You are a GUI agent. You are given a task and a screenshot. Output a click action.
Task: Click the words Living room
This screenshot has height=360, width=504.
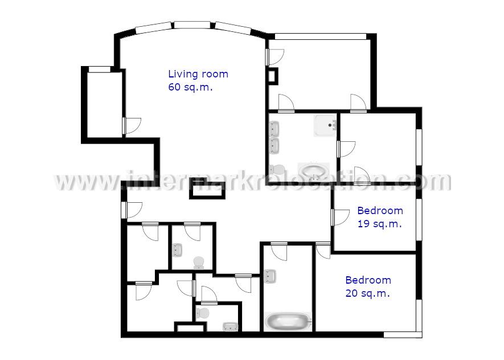[198, 74]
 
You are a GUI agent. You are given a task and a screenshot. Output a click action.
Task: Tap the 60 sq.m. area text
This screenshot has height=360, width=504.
[190, 87]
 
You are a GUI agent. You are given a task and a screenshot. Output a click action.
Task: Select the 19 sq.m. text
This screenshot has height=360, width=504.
[380, 224]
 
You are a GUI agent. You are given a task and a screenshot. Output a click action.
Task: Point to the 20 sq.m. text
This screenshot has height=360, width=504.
[368, 293]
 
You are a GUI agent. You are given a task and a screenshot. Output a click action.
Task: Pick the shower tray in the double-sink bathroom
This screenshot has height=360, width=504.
[325, 125]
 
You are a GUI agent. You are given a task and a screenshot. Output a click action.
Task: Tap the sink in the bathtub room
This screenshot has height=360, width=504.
[270, 276]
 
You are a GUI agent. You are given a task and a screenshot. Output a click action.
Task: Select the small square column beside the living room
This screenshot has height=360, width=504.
[273, 76]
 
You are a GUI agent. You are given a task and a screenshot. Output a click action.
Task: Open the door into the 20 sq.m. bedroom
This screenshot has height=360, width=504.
[323, 251]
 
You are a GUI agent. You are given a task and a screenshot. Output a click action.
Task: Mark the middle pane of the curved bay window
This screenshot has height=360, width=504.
[192, 25]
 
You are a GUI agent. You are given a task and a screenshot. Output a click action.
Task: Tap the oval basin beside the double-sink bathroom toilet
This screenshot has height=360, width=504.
[314, 170]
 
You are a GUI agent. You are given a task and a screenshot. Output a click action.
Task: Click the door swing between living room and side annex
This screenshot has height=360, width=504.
[132, 125]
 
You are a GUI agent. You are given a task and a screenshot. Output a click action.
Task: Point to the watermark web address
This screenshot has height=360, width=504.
[252, 181]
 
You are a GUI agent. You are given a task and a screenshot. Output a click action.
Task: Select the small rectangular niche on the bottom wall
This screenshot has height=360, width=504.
[191, 327]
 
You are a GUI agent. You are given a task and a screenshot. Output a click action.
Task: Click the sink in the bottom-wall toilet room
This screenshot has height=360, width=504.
[231, 326]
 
